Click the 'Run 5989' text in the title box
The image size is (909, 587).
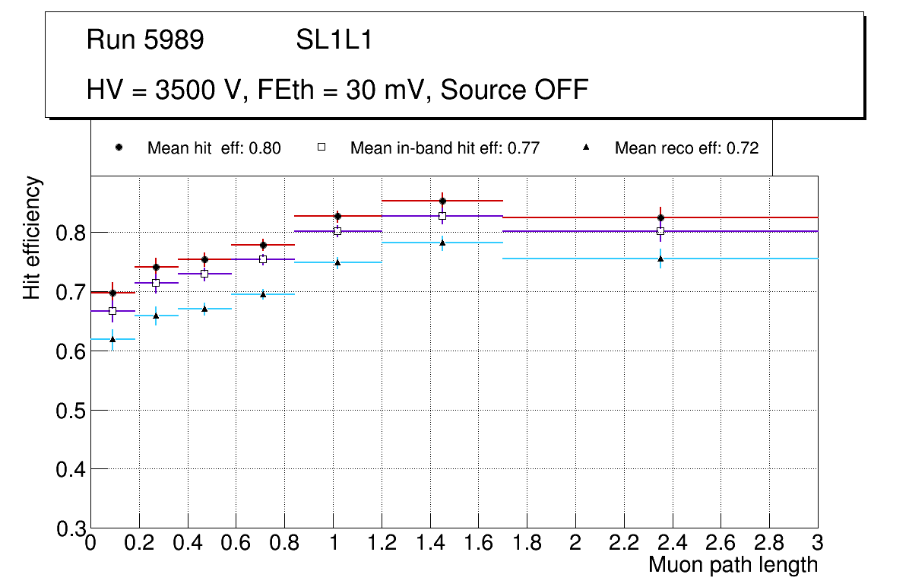(x=145, y=40)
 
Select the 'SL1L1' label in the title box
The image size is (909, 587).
(x=334, y=40)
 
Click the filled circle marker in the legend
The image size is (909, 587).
(x=119, y=148)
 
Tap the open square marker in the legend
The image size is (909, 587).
(x=321, y=148)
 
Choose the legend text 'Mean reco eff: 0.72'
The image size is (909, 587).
(x=686, y=148)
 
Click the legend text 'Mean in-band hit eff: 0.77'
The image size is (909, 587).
(x=445, y=148)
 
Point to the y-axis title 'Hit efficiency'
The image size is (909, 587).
(x=32, y=237)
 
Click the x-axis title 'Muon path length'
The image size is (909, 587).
(x=733, y=565)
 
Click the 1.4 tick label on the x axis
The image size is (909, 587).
(x=429, y=544)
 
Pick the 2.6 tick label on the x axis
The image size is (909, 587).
(x=721, y=544)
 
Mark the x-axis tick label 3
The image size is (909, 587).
(x=818, y=544)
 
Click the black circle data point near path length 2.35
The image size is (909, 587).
(x=660, y=217)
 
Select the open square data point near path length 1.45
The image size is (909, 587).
(x=442, y=216)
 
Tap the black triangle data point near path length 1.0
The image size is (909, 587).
(x=337, y=262)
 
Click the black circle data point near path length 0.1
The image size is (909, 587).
(x=113, y=293)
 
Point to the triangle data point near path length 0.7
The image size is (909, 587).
(x=263, y=294)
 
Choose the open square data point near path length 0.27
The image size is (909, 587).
(x=157, y=283)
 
